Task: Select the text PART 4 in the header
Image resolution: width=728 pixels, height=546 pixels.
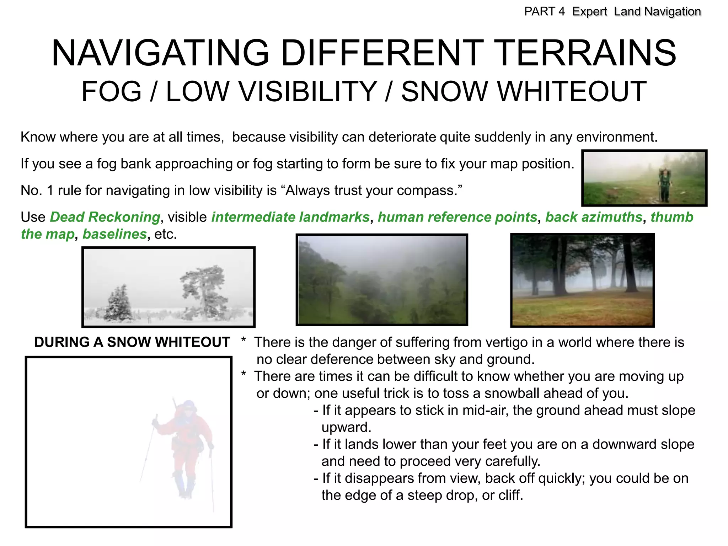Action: (544, 12)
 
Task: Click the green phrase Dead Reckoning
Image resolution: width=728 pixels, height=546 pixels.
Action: (105, 217)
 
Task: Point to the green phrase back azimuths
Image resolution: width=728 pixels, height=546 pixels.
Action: (594, 217)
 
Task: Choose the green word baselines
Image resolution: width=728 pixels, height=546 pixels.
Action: (114, 234)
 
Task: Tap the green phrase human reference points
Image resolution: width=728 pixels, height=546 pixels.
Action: (457, 217)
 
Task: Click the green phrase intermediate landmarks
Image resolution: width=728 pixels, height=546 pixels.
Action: (290, 217)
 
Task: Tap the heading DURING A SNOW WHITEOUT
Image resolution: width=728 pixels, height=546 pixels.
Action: (132, 342)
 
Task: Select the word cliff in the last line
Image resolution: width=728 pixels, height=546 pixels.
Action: (510, 495)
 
